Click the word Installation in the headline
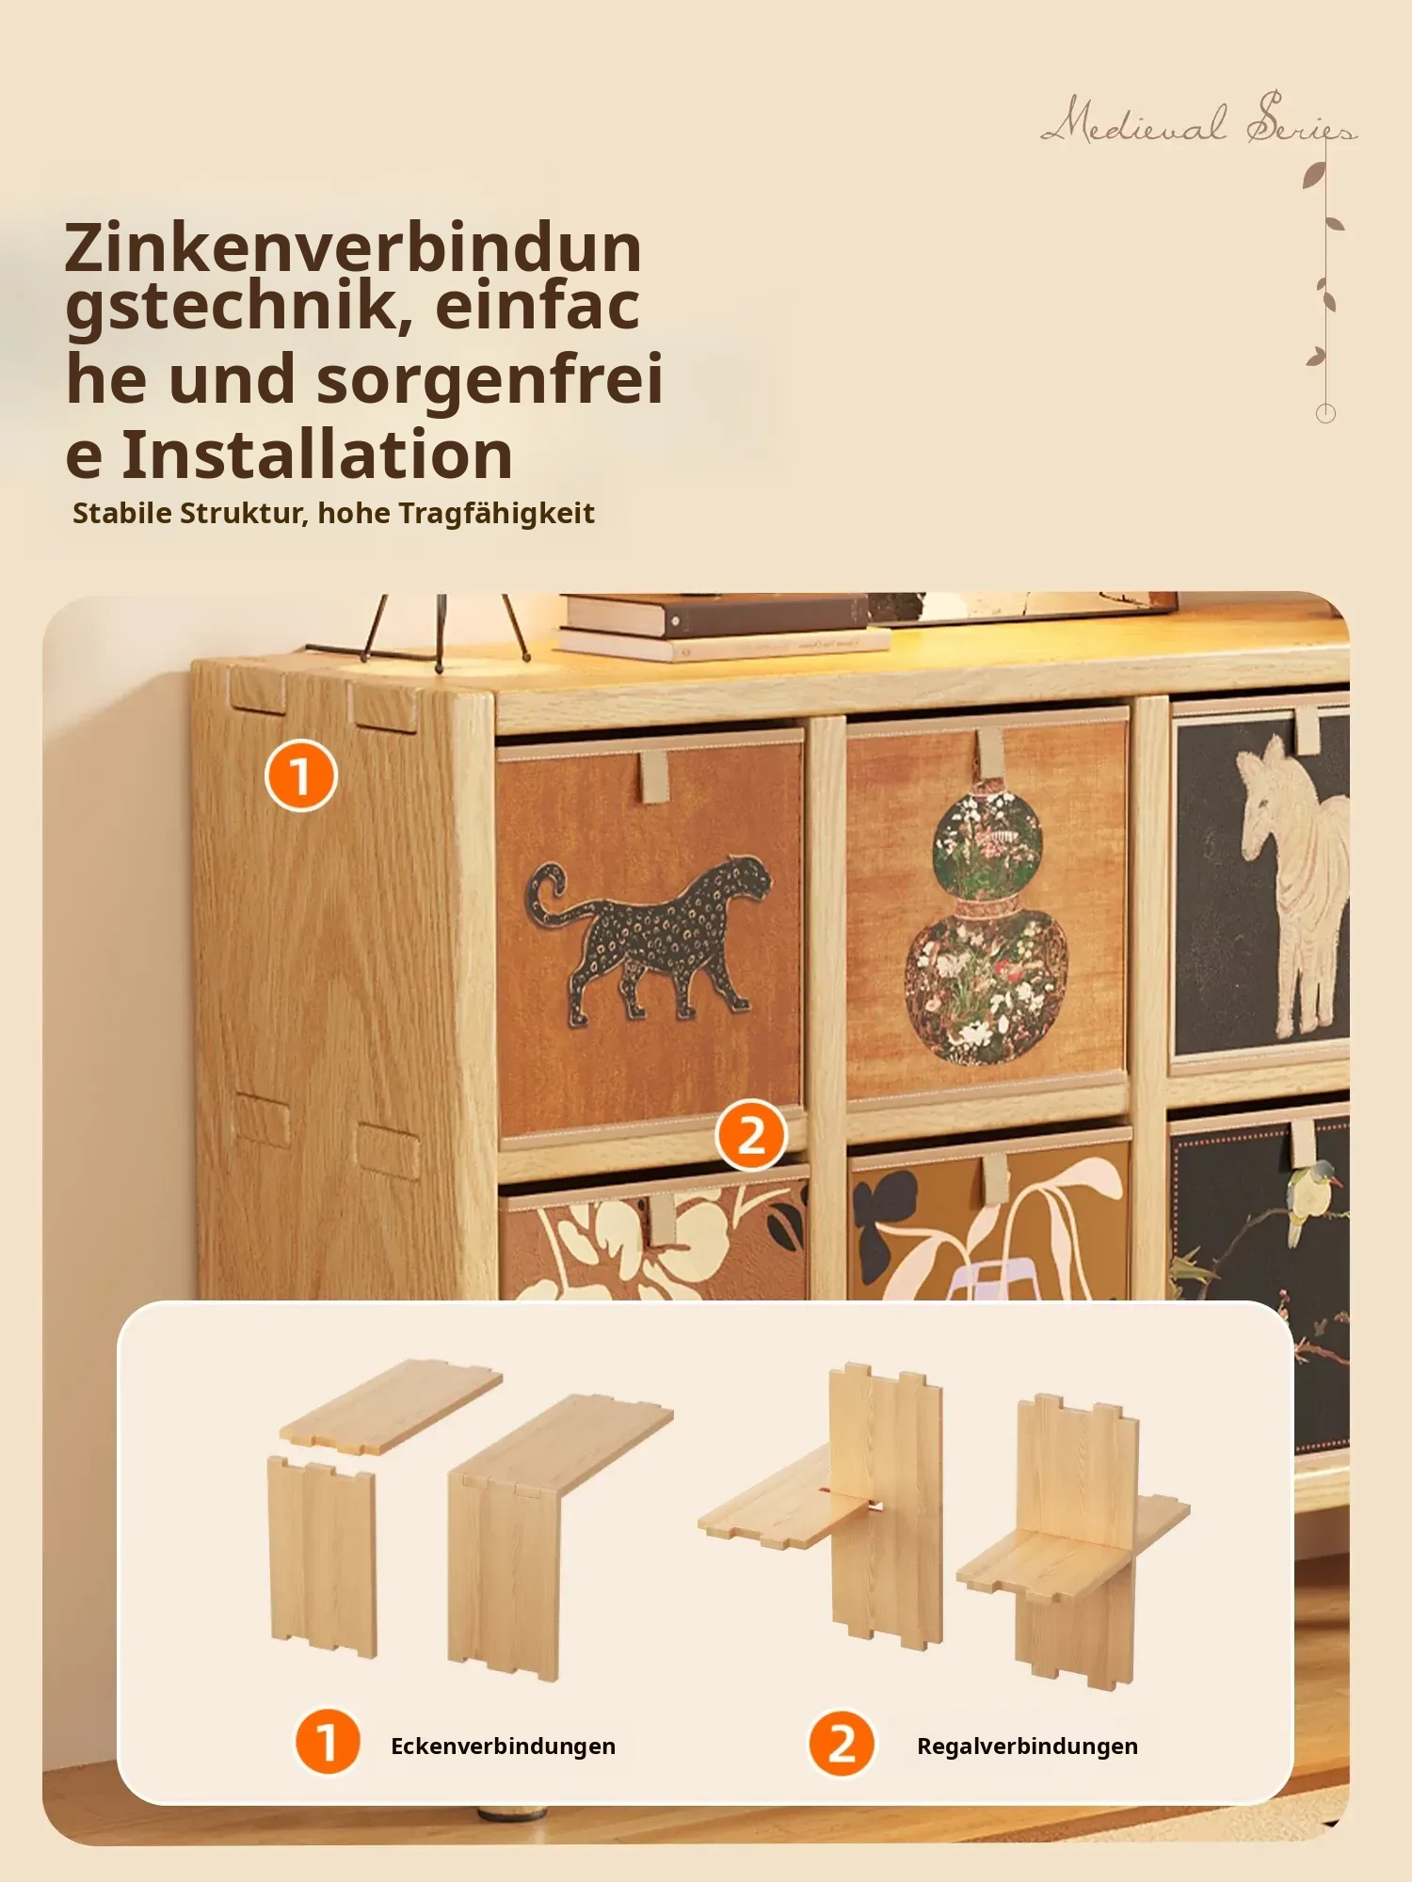[x=317, y=455]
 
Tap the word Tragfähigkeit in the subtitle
[x=496, y=514]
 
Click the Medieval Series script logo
[x=1198, y=120]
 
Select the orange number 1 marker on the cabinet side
[x=300, y=775]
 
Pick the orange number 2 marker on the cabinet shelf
[x=751, y=1135]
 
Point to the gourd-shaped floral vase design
[x=987, y=930]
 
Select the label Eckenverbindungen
[x=503, y=1746]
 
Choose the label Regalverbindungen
[x=1027, y=1746]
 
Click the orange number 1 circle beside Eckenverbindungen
[x=328, y=1742]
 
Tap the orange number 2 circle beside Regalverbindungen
[x=842, y=1744]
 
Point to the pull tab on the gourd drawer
[x=989, y=753]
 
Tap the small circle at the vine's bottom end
[x=1325, y=413]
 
